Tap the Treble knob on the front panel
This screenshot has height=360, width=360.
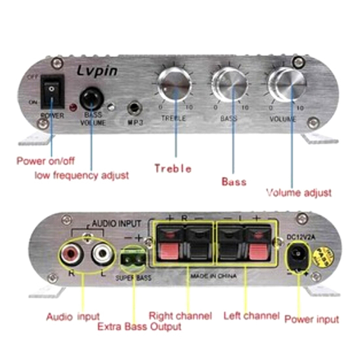coord(175,84)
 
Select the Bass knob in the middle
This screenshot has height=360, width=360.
coord(229,85)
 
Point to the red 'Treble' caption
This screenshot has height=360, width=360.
coord(173,169)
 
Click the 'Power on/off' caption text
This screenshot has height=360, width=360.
coord(46,161)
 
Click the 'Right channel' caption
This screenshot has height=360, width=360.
coord(180,316)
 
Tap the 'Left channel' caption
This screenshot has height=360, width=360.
coord(252,316)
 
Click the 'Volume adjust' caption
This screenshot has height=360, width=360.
coord(299,193)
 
